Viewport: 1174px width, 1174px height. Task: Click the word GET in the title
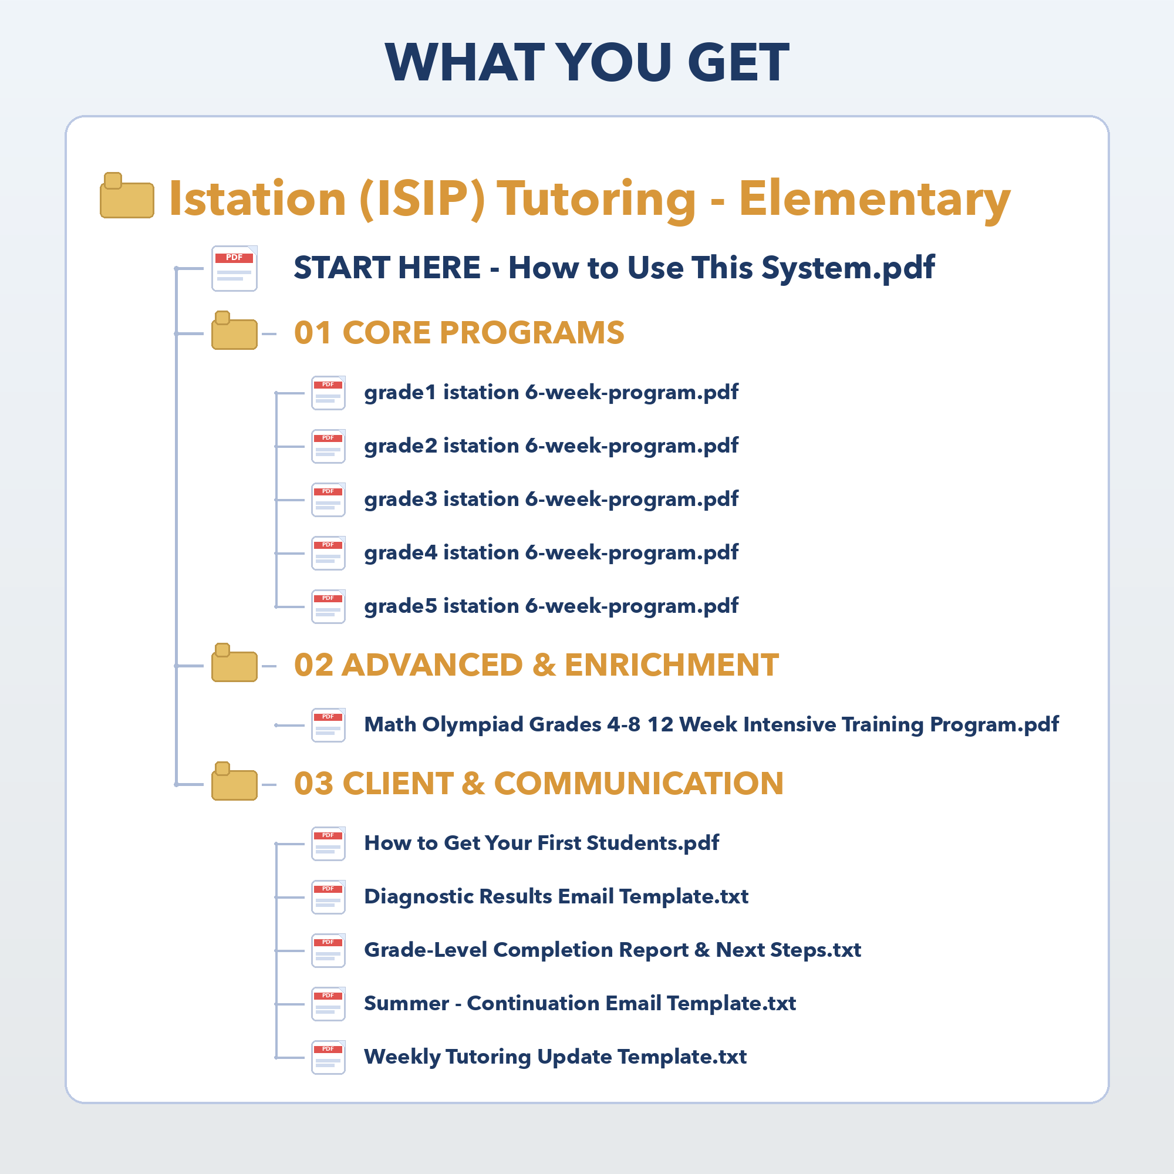[x=738, y=62]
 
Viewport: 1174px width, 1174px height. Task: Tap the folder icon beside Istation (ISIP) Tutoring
[x=127, y=195]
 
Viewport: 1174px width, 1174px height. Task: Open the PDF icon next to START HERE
[x=235, y=268]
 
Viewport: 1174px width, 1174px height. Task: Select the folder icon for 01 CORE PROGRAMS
[x=235, y=330]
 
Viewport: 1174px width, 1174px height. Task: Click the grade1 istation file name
[x=551, y=393]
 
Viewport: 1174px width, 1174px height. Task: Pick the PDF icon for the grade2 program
[x=329, y=447]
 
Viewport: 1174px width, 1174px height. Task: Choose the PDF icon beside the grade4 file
[x=329, y=554]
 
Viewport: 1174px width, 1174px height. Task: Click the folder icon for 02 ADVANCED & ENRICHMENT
[x=235, y=662]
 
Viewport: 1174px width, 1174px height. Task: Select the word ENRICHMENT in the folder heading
[x=672, y=665]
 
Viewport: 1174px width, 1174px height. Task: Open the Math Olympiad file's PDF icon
[x=329, y=726]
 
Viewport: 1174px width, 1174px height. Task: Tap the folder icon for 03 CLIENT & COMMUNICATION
[x=235, y=781]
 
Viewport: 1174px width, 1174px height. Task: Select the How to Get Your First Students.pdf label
[x=541, y=844]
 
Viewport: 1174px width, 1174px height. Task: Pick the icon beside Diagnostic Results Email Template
[x=329, y=898]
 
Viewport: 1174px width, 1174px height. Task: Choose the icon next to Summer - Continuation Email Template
[x=329, y=1004]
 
